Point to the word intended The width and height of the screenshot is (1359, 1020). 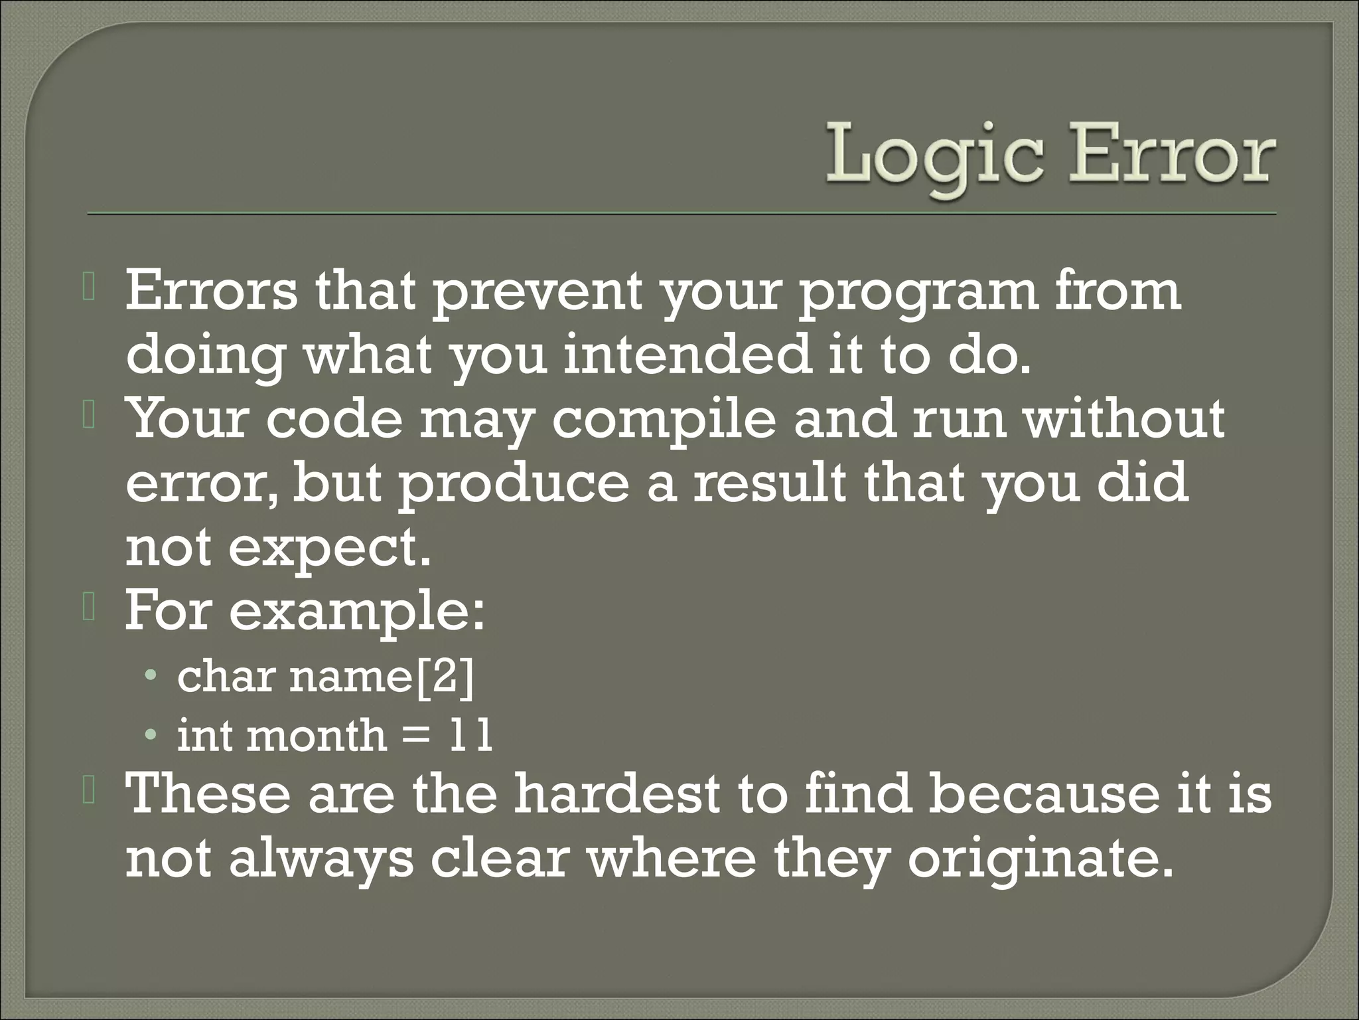pyautogui.click(x=688, y=355)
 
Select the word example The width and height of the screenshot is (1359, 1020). pyautogui.click(x=356, y=612)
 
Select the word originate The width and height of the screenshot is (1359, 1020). pyautogui.click(x=1036, y=859)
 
